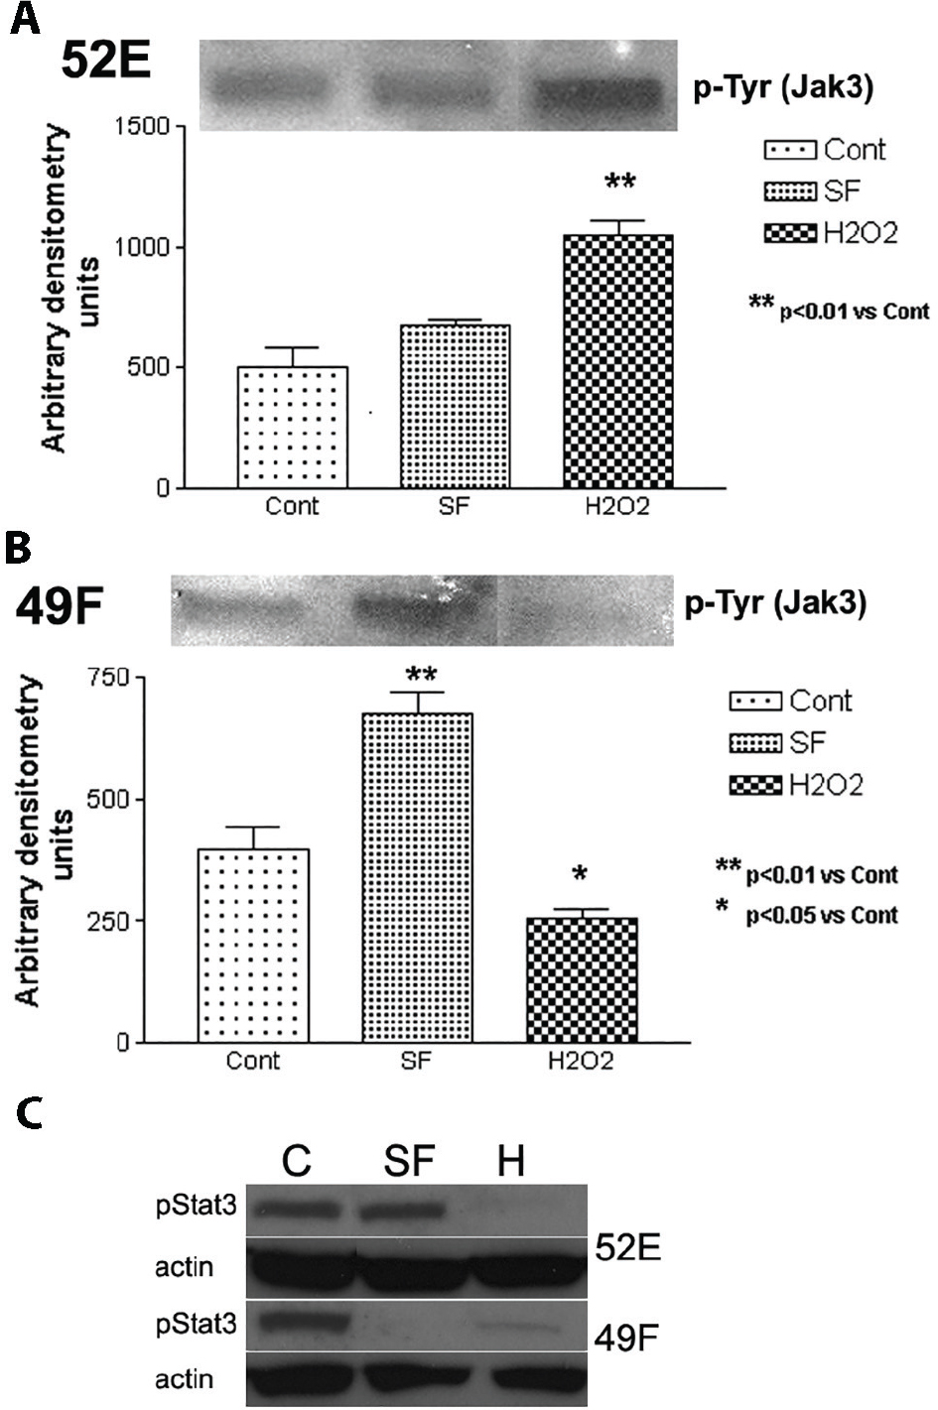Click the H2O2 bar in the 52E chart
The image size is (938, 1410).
click(x=617, y=361)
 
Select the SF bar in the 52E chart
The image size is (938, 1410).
click(x=455, y=406)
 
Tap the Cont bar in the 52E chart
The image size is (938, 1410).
click(x=292, y=427)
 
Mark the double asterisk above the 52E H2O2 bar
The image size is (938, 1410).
click(x=620, y=183)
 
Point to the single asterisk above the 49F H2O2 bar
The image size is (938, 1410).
click(x=581, y=874)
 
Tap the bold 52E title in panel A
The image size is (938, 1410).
click(x=106, y=62)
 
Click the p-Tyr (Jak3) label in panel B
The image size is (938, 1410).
click(x=775, y=604)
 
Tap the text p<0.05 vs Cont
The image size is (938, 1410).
click(x=822, y=915)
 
